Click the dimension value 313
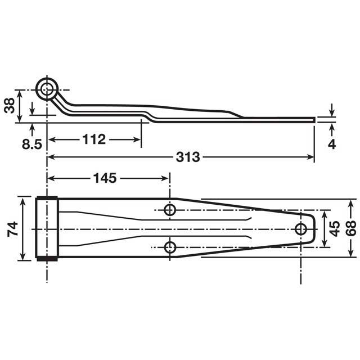pyautogui.click(x=187, y=157)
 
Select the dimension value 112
pyautogui.click(x=94, y=139)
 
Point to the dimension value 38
pyautogui.click(x=9, y=105)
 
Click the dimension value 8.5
pyautogui.click(x=32, y=145)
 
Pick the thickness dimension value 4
pyautogui.click(x=332, y=143)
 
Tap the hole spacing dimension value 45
pyautogui.click(x=334, y=228)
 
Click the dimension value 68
pyautogui.click(x=351, y=228)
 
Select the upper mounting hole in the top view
pyautogui.click(x=170, y=210)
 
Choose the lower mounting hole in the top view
pyautogui.click(x=170, y=247)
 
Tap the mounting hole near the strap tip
pyautogui.click(x=301, y=228)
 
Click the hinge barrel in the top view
pyautogui.click(x=47, y=228)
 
